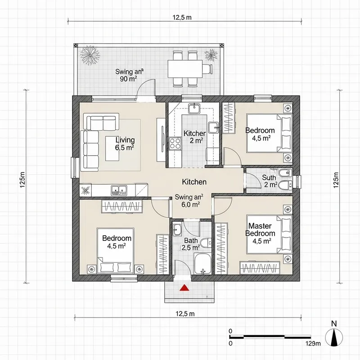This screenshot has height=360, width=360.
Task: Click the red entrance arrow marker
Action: (184, 288)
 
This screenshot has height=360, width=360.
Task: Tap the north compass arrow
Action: (333, 337)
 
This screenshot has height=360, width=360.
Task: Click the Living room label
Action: (125, 143)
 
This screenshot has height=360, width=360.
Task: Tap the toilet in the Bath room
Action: (205, 243)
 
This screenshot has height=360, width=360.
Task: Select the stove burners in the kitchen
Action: (175, 144)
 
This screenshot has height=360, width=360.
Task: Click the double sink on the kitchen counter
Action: (119, 190)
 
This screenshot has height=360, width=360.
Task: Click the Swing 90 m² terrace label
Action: (129, 75)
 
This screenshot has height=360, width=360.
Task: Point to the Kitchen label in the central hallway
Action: (194, 182)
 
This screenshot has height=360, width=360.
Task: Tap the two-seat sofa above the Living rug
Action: (102, 122)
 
